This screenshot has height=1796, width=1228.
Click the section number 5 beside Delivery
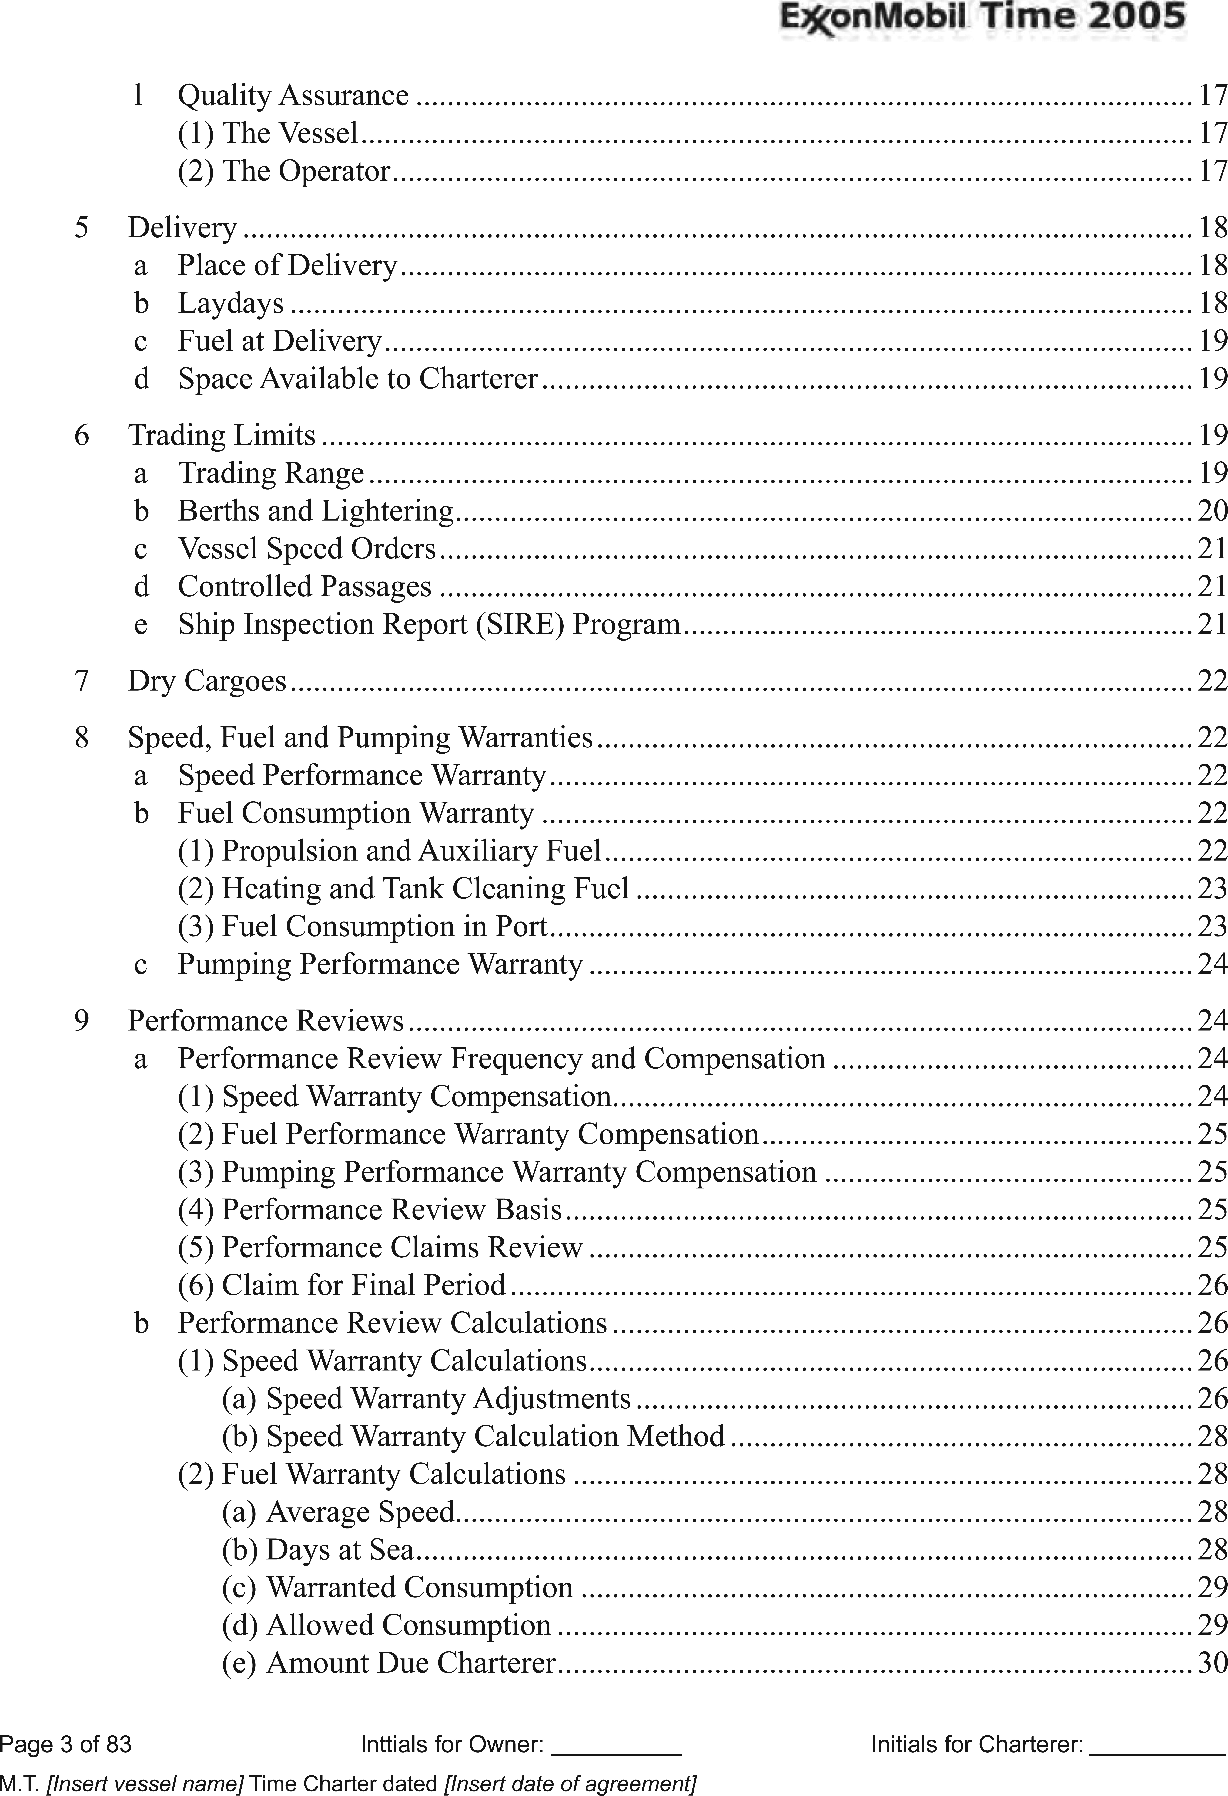81,228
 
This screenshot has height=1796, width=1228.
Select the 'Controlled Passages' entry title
304,587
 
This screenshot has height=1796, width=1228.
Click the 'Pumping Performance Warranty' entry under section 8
380,964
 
